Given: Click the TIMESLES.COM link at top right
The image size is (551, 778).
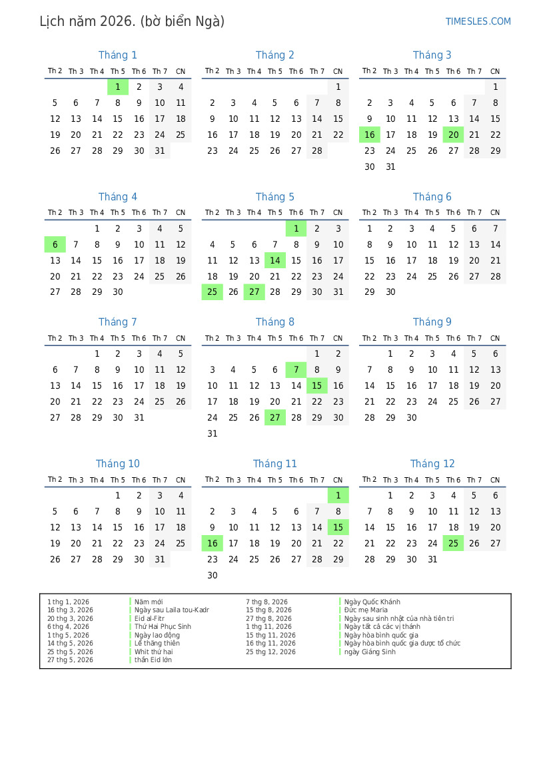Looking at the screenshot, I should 478,21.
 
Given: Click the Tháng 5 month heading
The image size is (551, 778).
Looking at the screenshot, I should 275,197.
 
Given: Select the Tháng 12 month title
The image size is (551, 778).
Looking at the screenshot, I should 432,464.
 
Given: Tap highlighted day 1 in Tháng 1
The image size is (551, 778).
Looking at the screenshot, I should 118,87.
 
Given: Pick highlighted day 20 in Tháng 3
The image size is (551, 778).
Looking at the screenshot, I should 453,135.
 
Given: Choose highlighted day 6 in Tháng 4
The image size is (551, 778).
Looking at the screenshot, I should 55,245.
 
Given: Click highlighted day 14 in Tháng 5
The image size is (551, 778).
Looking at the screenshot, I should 275,261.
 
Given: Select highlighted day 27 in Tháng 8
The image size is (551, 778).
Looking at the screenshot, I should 275,418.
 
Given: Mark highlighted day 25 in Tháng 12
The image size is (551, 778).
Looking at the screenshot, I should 453,544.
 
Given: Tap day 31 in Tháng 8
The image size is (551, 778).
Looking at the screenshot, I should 212,434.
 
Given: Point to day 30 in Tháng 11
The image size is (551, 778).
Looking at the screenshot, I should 212,576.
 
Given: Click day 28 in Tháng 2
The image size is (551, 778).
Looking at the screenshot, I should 317,151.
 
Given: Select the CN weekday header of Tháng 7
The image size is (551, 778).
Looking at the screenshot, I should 181,339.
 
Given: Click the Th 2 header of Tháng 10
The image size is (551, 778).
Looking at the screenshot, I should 55,480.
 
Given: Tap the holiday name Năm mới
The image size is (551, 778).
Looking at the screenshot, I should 149,602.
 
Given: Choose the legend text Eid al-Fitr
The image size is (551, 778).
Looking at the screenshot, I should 149,619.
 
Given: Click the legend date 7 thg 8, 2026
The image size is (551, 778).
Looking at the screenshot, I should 267,602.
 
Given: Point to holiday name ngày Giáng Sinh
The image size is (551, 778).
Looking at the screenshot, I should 370,652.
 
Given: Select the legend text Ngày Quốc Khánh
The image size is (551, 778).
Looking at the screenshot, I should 372,602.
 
